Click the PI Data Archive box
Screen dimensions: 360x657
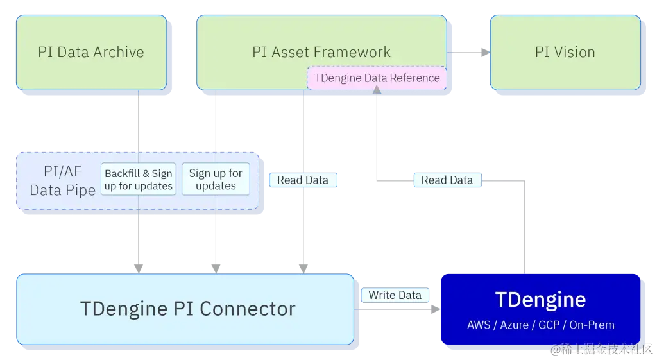(91, 53)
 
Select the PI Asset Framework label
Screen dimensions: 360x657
(321, 52)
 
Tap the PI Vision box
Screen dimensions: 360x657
(565, 53)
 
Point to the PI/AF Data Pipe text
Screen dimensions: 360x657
(58, 181)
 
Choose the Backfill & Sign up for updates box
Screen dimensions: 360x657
(139, 180)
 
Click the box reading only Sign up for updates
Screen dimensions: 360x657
(216, 180)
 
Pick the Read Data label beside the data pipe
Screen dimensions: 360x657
(303, 180)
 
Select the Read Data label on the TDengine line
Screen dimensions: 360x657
(447, 180)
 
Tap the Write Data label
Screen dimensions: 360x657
(395, 295)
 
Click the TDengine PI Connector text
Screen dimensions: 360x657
(187, 309)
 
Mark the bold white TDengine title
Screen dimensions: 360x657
(540, 300)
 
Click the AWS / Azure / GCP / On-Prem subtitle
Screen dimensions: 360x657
(540, 325)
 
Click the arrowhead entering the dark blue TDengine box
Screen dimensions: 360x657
(436, 311)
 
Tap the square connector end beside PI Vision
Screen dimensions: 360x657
(482, 53)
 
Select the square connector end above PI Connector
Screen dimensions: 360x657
(305, 266)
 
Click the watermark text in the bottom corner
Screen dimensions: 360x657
(599, 349)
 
